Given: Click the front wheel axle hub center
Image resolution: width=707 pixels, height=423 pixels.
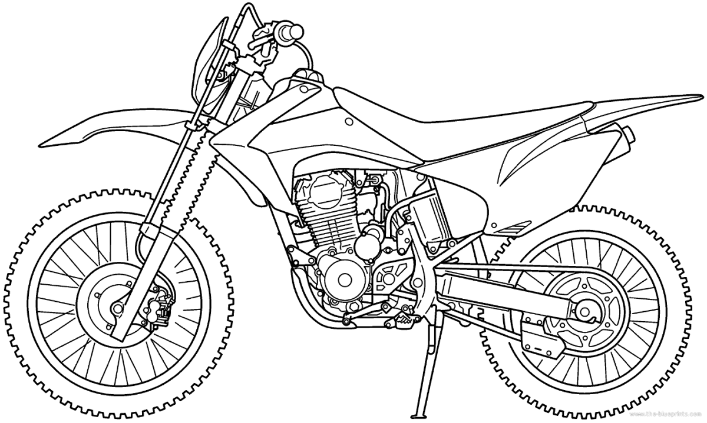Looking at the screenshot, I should (x=116, y=308).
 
